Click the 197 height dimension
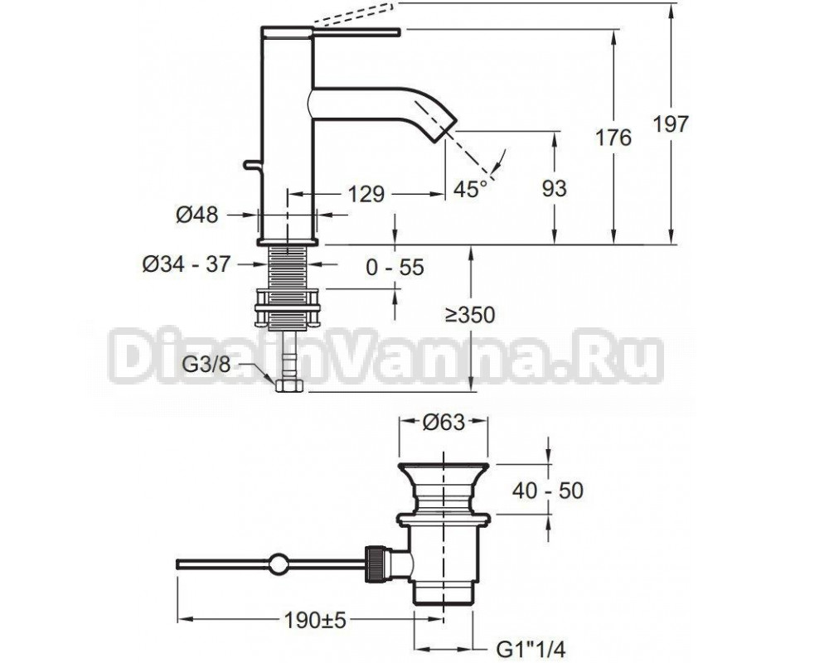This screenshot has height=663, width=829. point(671,123)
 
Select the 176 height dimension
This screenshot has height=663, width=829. point(613,138)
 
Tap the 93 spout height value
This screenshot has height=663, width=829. point(554,188)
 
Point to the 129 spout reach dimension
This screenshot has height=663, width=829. point(366,194)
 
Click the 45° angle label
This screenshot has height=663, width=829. point(470,189)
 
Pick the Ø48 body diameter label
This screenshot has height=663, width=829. point(196,215)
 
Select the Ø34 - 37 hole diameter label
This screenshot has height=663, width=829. point(186,264)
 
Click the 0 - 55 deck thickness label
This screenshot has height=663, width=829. point(395,267)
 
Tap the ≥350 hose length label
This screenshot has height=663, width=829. point(469,315)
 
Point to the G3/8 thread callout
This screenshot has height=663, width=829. point(206,364)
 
